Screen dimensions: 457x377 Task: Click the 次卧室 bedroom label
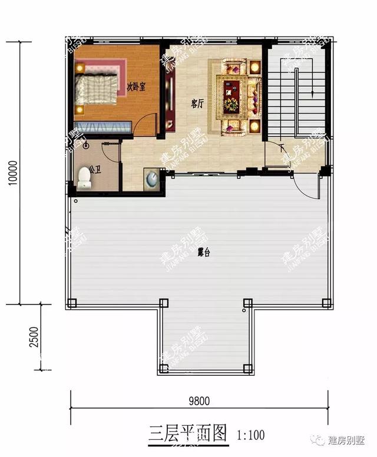[x=136, y=86]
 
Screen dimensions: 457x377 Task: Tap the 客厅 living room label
[x=197, y=104]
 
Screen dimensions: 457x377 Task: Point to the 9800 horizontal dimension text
[x=199, y=401]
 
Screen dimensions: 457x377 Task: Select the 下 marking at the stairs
[x=282, y=146]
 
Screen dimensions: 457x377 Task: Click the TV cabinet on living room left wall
[x=170, y=104]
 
